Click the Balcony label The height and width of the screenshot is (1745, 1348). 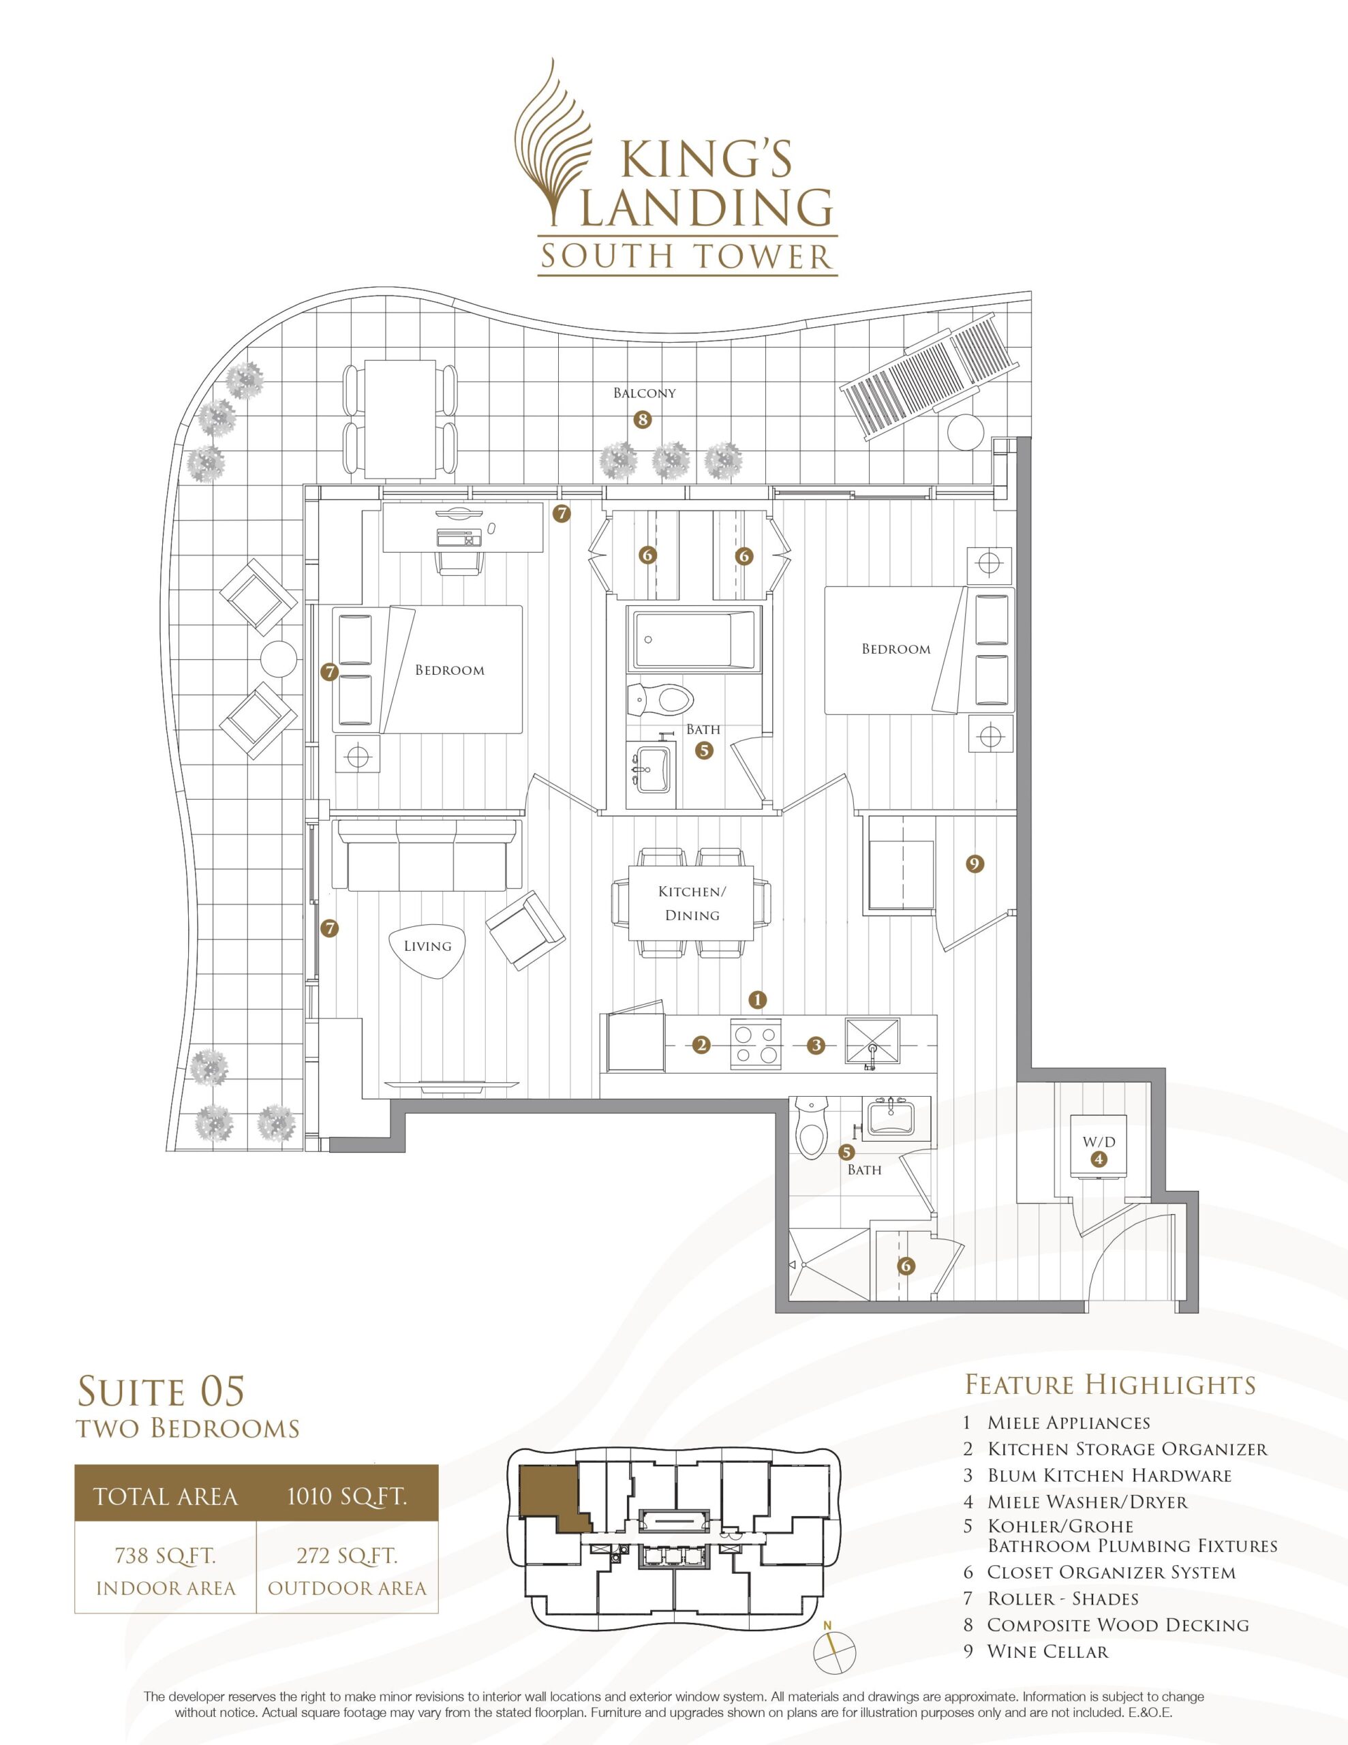click(644, 393)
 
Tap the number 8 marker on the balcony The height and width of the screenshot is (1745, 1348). click(642, 419)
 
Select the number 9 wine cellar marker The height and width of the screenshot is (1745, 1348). click(974, 863)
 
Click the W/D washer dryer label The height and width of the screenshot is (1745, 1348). click(1099, 1142)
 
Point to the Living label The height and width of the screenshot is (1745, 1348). click(427, 946)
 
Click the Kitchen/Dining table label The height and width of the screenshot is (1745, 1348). click(692, 903)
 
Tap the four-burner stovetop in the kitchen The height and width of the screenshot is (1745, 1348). click(756, 1044)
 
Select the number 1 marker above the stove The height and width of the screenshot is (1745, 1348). click(758, 999)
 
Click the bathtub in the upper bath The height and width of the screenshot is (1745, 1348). click(694, 640)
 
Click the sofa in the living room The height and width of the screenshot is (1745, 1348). click(427, 855)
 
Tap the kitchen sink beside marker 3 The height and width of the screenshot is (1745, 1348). click(872, 1044)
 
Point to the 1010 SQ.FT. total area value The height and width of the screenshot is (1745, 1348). click(348, 1496)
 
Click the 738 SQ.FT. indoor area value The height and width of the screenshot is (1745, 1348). click(166, 1556)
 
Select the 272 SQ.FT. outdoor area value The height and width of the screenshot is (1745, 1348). click(348, 1556)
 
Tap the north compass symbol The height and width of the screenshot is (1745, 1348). click(834, 1648)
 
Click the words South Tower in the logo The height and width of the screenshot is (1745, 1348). click(687, 256)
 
